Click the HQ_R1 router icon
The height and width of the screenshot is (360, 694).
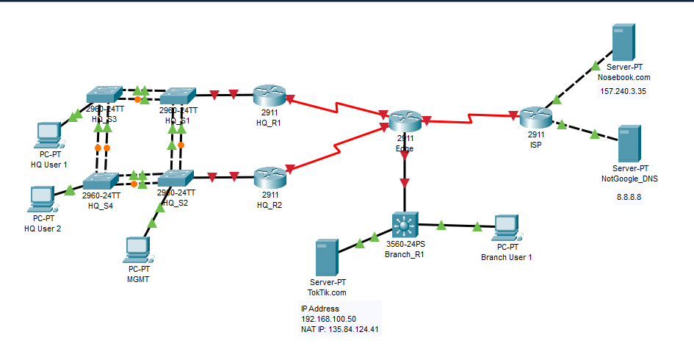tap(268, 96)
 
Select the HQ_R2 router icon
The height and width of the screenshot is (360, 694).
tap(268, 178)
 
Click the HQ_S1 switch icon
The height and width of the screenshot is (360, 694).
tap(176, 97)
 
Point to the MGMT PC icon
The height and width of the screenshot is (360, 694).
tap(138, 251)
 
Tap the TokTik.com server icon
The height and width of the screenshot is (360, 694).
tap(326, 256)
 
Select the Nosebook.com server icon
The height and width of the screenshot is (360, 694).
tap(623, 43)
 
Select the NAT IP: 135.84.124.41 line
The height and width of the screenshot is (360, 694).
tap(341, 330)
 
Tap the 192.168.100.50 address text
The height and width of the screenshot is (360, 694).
tap(328, 320)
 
